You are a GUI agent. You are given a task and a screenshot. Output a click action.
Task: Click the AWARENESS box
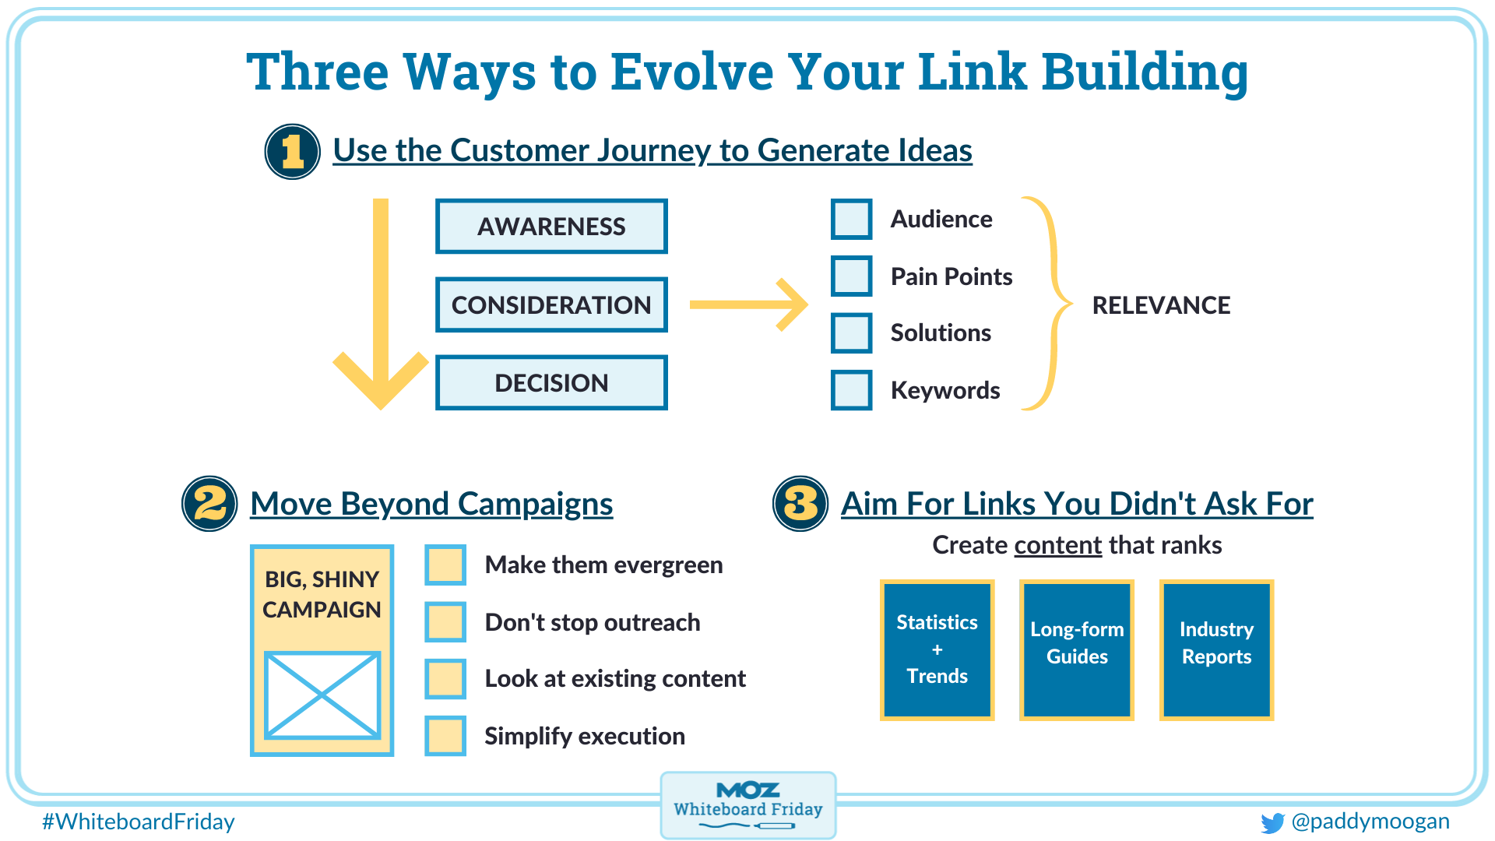(x=551, y=227)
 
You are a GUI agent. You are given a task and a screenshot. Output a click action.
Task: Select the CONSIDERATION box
(x=551, y=305)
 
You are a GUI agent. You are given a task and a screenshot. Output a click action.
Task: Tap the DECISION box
(x=551, y=383)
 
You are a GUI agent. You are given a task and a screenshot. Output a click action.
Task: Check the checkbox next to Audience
(x=851, y=219)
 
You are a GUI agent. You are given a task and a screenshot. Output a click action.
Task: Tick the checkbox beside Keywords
(x=851, y=390)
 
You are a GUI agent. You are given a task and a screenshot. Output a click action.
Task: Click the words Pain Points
(x=951, y=276)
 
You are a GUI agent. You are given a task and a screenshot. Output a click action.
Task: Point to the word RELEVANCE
(x=1161, y=305)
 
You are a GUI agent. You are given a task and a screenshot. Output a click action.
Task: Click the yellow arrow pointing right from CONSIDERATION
(x=748, y=304)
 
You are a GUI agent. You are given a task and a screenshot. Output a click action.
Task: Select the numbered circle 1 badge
(x=293, y=152)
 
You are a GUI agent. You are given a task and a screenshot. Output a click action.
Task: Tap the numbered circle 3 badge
(x=800, y=504)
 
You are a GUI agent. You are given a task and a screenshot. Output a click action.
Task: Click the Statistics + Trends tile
(x=937, y=649)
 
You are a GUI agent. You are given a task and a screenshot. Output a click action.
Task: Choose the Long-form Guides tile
(x=1077, y=649)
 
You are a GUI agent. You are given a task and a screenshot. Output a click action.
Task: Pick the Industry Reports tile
(x=1216, y=649)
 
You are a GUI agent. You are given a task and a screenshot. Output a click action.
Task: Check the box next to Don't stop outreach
(x=445, y=621)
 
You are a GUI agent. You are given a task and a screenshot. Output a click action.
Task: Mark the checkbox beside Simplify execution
(x=445, y=736)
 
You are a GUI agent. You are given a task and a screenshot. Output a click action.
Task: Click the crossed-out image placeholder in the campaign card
(x=322, y=695)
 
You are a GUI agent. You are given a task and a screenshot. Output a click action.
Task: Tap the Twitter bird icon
(x=1272, y=823)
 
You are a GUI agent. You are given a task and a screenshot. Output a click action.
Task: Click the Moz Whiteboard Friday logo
(x=748, y=805)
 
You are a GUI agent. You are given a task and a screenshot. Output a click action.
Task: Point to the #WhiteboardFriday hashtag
(x=139, y=822)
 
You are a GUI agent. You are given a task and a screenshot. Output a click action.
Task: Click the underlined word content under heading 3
(x=1057, y=545)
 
